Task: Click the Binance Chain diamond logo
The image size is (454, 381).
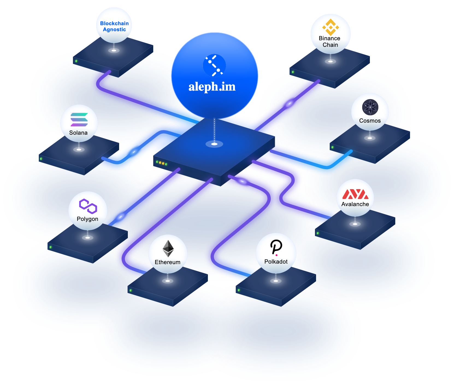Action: (x=331, y=27)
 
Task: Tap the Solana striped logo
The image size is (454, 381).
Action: (x=79, y=120)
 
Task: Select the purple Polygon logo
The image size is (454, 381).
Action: (x=88, y=206)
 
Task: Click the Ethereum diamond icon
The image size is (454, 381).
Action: (x=168, y=249)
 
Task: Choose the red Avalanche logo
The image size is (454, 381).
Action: (x=355, y=194)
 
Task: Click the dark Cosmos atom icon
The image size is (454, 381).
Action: (x=370, y=107)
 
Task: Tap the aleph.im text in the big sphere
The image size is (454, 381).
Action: (x=212, y=87)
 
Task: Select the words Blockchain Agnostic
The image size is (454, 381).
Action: (x=114, y=27)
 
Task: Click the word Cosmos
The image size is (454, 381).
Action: (x=370, y=121)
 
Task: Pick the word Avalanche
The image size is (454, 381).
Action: (x=355, y=204)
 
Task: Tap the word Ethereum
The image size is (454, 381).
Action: (x=167, y=262)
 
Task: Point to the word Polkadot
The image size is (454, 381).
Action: (x=276, y=262)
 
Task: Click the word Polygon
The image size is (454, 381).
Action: (x=87, y=219)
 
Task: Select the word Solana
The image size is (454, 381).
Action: (x=78, y=133)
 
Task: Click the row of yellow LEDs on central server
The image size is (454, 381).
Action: (x=161, y=163)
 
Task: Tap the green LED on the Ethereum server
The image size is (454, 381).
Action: (x=131, y=290)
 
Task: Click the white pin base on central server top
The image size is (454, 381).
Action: (x=214, y=144)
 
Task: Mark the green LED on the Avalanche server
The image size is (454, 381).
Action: (x=318, y=233)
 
